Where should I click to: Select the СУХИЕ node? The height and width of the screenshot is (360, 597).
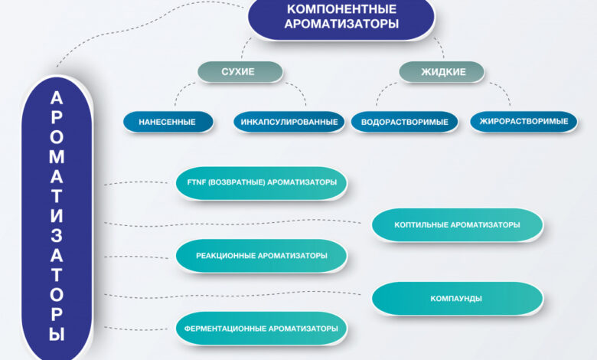(240, 72)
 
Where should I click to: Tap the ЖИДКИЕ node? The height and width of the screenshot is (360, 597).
(442, 72)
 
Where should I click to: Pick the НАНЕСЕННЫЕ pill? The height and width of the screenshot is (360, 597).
(168, 122)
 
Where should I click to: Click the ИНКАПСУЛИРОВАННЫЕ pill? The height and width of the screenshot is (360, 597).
(289, 122)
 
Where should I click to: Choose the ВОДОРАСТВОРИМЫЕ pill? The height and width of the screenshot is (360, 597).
(404, 122)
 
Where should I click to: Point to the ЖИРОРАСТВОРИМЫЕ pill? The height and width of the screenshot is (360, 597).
(524, 122)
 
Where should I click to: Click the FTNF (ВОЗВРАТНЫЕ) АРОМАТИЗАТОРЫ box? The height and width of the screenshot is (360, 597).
(262, 183)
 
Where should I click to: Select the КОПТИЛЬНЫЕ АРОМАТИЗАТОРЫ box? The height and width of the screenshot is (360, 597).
(457, 224)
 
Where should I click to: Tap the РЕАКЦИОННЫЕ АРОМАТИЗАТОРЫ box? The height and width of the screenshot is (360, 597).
(262, 256)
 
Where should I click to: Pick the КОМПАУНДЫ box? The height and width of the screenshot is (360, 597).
(457, 298)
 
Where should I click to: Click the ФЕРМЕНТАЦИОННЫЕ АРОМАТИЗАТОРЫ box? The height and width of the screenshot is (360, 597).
(262, 329)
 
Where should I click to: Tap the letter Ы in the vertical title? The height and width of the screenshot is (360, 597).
(57, 335)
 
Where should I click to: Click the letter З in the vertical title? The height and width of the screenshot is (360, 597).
(57, 235)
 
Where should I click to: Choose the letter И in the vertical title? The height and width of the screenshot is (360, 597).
(57, 216)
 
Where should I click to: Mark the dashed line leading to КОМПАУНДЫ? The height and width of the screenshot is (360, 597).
(232, 294)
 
